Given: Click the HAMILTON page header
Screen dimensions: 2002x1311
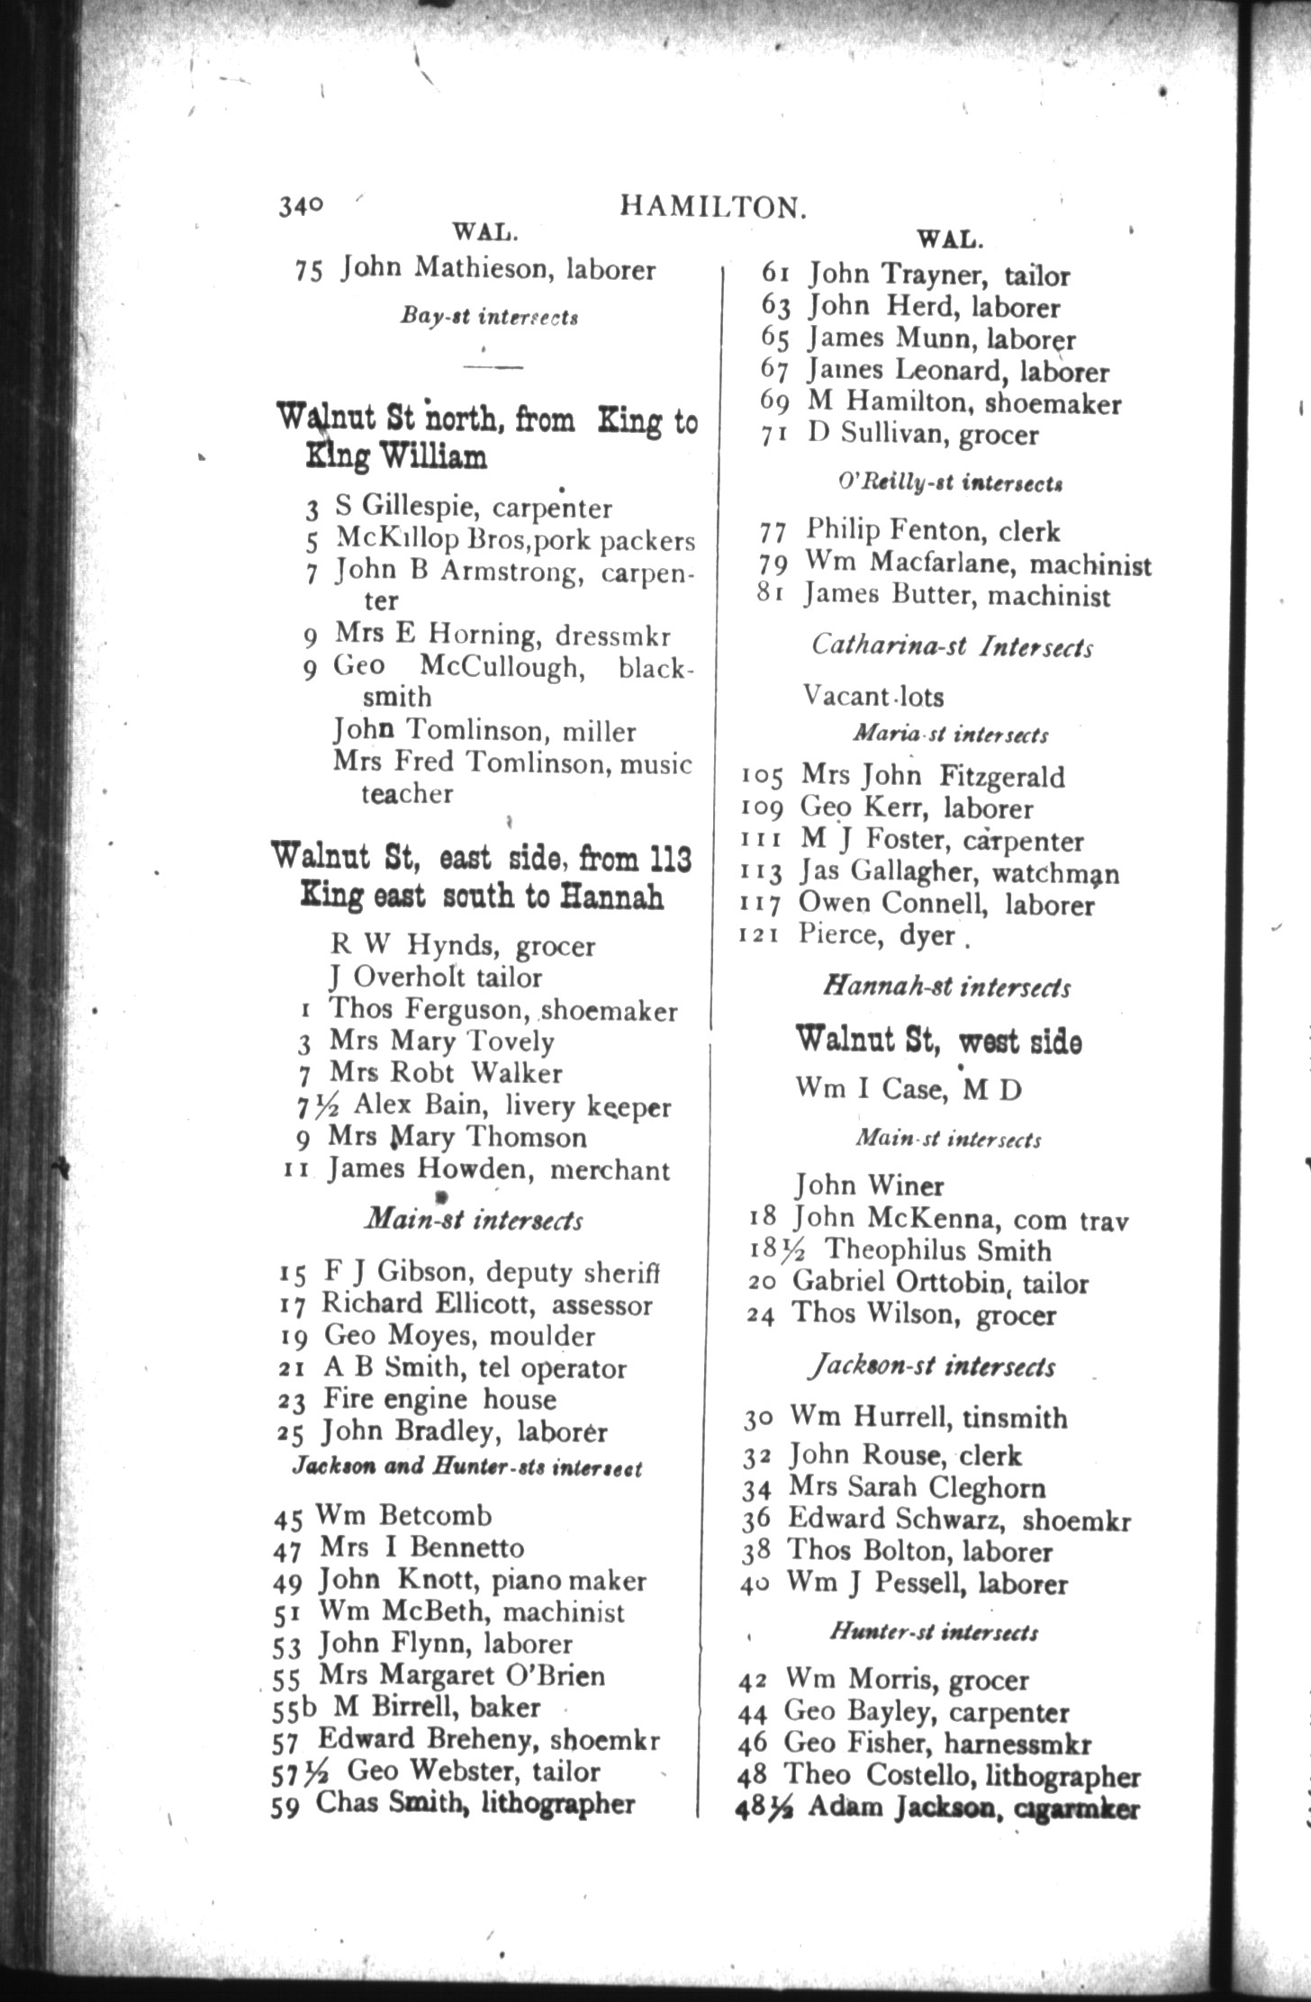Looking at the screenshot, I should pyautogui.click(x=711, y=208).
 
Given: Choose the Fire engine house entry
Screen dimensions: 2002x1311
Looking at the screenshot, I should pyautogui.click(x=439, y=1399).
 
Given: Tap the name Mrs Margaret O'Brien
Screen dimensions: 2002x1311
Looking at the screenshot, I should pyautogui.click(x=462, y=1675).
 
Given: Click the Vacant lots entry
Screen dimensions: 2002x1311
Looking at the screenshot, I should pyautogui.click(x=872, y=696).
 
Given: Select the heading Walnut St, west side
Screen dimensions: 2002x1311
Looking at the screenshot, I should pyautogui.click(x=937, y=1042).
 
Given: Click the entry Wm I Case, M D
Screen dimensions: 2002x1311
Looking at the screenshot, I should pyautogui.click(x=908, y=1089).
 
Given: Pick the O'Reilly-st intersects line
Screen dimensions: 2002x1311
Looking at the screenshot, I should pyautogui.click(x=950, y=482).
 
